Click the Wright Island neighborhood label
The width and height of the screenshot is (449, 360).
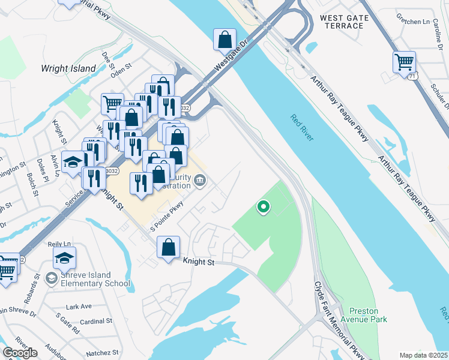coord(68,68)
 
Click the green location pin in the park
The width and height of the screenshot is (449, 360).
coord(263,208)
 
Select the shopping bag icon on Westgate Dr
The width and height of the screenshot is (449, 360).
coord(225,40)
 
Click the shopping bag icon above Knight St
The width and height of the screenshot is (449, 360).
coord(169,247)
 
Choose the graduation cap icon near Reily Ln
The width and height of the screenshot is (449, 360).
coord(65,259)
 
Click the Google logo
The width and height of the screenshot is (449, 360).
coord(20,353)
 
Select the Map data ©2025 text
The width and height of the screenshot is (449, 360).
coord(424,355)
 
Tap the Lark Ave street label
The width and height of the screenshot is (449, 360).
coord(79,307)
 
